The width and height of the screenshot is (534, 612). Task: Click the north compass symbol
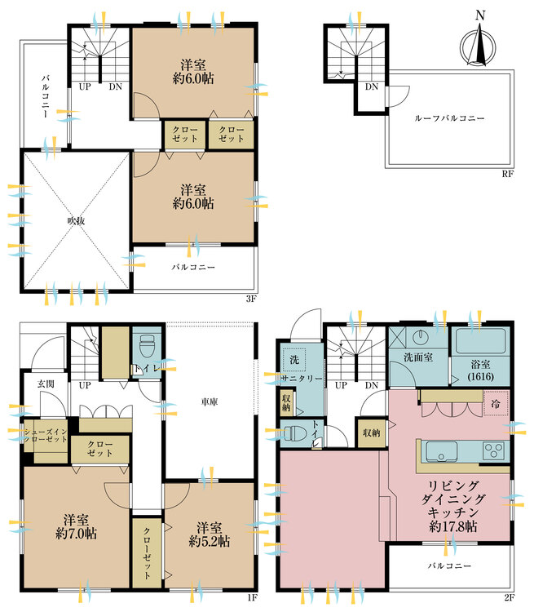coord(478,43)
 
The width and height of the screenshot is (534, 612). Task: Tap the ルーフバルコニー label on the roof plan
coord(449,118)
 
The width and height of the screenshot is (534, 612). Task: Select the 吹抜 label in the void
coord(76,220)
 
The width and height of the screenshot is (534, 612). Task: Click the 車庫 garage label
coord(210,401)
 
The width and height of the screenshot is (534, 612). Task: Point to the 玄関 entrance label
coord(46,384)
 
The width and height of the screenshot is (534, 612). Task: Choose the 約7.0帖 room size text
coord(76,534)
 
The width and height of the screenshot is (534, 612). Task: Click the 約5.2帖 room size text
coord(210,541)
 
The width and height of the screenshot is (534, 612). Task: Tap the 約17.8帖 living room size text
coord(452,526)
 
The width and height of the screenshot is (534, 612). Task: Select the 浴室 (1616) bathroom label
coord(480,370)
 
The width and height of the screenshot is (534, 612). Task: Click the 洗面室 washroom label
coord(418,357)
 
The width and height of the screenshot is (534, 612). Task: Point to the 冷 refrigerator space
coord(496,403)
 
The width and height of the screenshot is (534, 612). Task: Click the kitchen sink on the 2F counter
coord(442,451)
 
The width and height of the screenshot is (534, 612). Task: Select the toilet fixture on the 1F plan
coord(147,346)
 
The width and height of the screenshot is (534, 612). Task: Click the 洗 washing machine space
coord(294,359)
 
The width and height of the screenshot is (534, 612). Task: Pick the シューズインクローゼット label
coord(46,436)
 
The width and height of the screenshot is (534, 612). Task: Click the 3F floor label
coord(252,299)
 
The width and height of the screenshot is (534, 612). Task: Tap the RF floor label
coord(507,174)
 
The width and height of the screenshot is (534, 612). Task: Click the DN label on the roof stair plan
coord(371,86)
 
